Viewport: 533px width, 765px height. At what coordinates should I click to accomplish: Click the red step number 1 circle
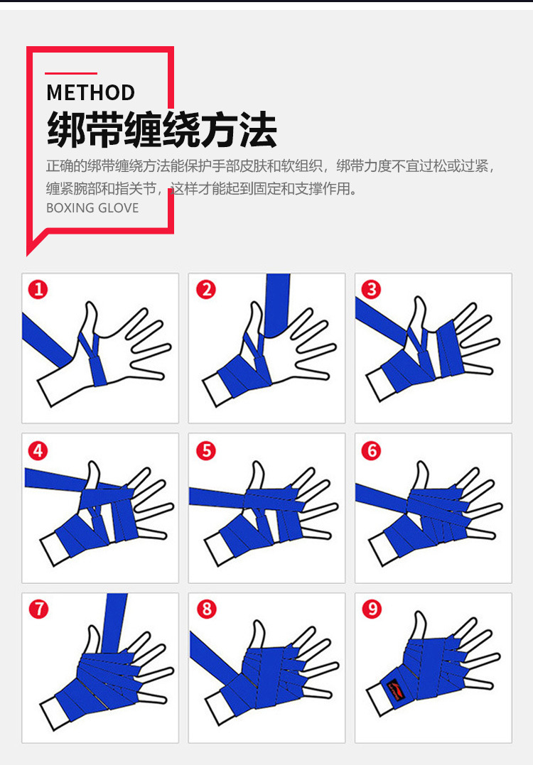38,289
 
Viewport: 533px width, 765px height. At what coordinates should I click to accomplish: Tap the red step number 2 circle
205,289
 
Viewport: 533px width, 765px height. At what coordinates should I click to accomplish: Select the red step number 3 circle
371,289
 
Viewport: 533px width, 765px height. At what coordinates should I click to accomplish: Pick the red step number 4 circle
38,450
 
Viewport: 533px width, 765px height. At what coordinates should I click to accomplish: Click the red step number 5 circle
205,450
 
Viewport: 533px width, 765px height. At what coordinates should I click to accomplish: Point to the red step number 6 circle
371,450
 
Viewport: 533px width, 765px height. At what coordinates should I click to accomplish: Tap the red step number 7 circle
38,609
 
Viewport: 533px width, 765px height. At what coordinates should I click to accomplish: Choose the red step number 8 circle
205,609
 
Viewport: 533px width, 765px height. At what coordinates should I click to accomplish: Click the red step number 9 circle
371,609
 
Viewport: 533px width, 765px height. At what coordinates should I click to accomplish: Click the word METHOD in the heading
90,93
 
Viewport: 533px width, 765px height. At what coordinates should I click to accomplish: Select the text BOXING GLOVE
92,208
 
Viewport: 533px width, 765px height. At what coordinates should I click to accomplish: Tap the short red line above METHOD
71,73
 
